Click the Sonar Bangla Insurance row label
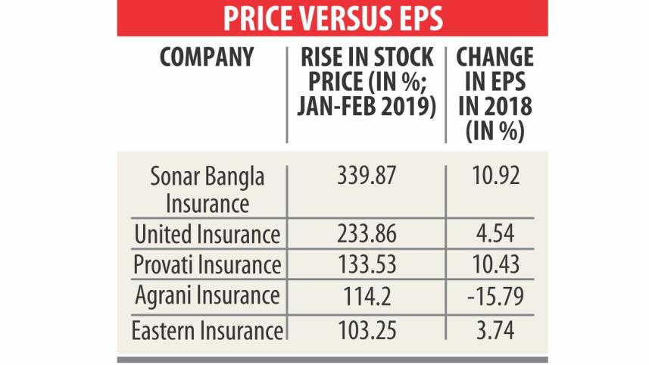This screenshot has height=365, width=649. click(207, 191)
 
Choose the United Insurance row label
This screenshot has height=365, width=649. click(207, 235)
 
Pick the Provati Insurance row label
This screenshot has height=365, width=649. click(207, 266)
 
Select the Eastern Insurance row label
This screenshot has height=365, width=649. click(207, 330)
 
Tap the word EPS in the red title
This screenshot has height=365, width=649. click(415, 18)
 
